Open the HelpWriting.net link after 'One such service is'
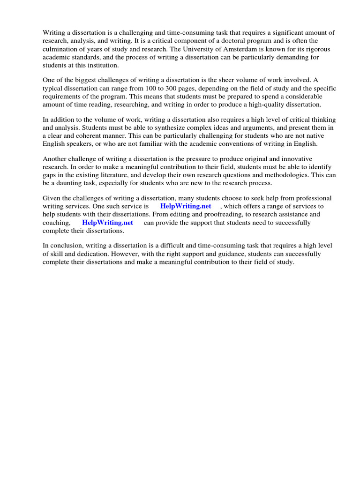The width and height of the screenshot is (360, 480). [186, 206]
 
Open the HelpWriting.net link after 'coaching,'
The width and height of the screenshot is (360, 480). [107, 223]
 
